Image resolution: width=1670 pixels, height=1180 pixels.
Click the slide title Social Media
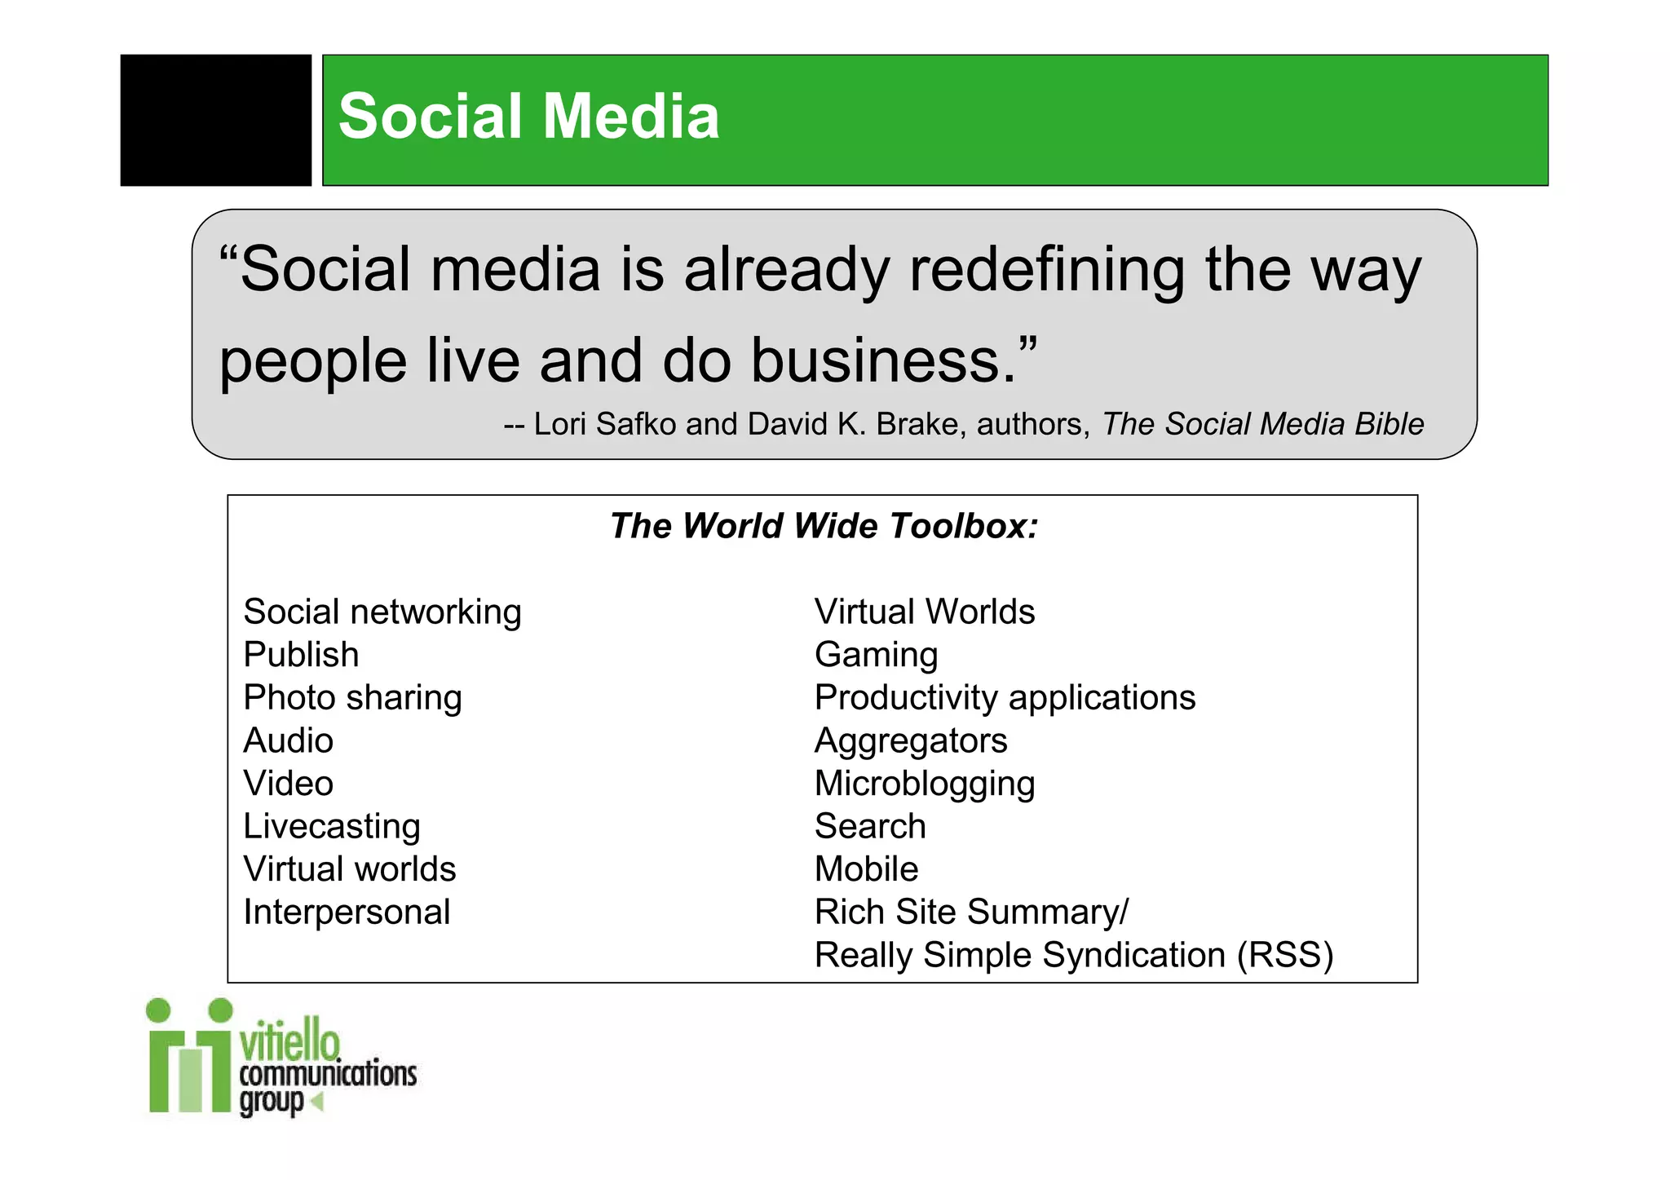pos(528,117)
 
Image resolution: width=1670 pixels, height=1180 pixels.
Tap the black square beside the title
pos(215,120)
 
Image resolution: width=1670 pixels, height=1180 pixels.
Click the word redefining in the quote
pos(1045,271)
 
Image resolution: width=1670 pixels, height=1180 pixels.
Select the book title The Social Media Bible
pos(1262,424)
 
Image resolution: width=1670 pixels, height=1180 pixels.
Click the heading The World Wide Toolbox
pos(824,526)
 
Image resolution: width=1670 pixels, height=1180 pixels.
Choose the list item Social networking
pos(382,612)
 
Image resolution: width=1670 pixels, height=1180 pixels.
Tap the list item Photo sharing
pos(352,698)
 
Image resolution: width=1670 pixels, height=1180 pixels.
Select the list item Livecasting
pos(331,826)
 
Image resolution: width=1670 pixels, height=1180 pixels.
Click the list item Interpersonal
pos(347,912)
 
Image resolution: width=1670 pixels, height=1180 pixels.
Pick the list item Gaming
pos(876,655)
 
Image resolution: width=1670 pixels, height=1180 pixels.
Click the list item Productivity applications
pos(1004,698)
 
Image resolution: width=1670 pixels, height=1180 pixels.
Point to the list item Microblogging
pos(924,784)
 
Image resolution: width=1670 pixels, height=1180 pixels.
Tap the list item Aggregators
pos(910,740)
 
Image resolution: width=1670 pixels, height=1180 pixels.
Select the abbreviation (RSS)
pos(1284,955)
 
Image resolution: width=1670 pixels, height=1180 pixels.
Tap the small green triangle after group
pos(317,1102)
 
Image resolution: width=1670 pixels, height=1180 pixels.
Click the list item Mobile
pos(866,869)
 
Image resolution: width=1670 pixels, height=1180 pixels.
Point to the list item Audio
pos(288,740)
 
